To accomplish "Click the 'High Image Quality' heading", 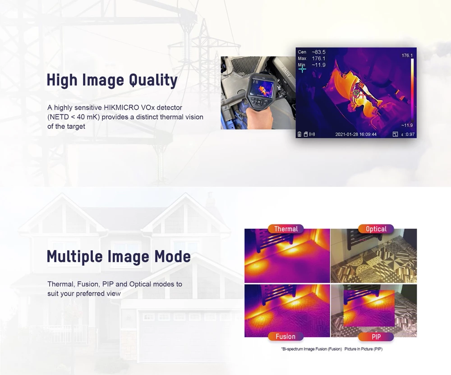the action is [112, 80].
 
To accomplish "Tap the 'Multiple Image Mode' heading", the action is [119, 256].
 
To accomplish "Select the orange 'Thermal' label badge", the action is [285, 229].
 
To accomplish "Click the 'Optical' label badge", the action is [376, 229].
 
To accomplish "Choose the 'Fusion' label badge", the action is [285, 337].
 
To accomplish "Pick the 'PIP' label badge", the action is [376, 337].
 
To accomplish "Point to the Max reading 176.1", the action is [318, 58].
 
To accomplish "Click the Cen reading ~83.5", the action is [318, 52].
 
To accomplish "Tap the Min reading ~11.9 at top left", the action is [318, 65].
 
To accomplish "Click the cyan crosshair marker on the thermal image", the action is [302, 69].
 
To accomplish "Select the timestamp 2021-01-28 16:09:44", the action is [356, 134].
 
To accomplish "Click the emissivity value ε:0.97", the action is [408, 134].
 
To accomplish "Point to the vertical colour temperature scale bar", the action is [412, 90].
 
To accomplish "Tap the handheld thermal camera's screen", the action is [262, 88].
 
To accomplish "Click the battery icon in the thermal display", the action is [299, 134].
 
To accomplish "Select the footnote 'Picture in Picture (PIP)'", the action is [364, 349].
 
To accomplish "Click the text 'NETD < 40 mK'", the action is [74, 117].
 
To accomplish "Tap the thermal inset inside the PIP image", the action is [369, 308].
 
